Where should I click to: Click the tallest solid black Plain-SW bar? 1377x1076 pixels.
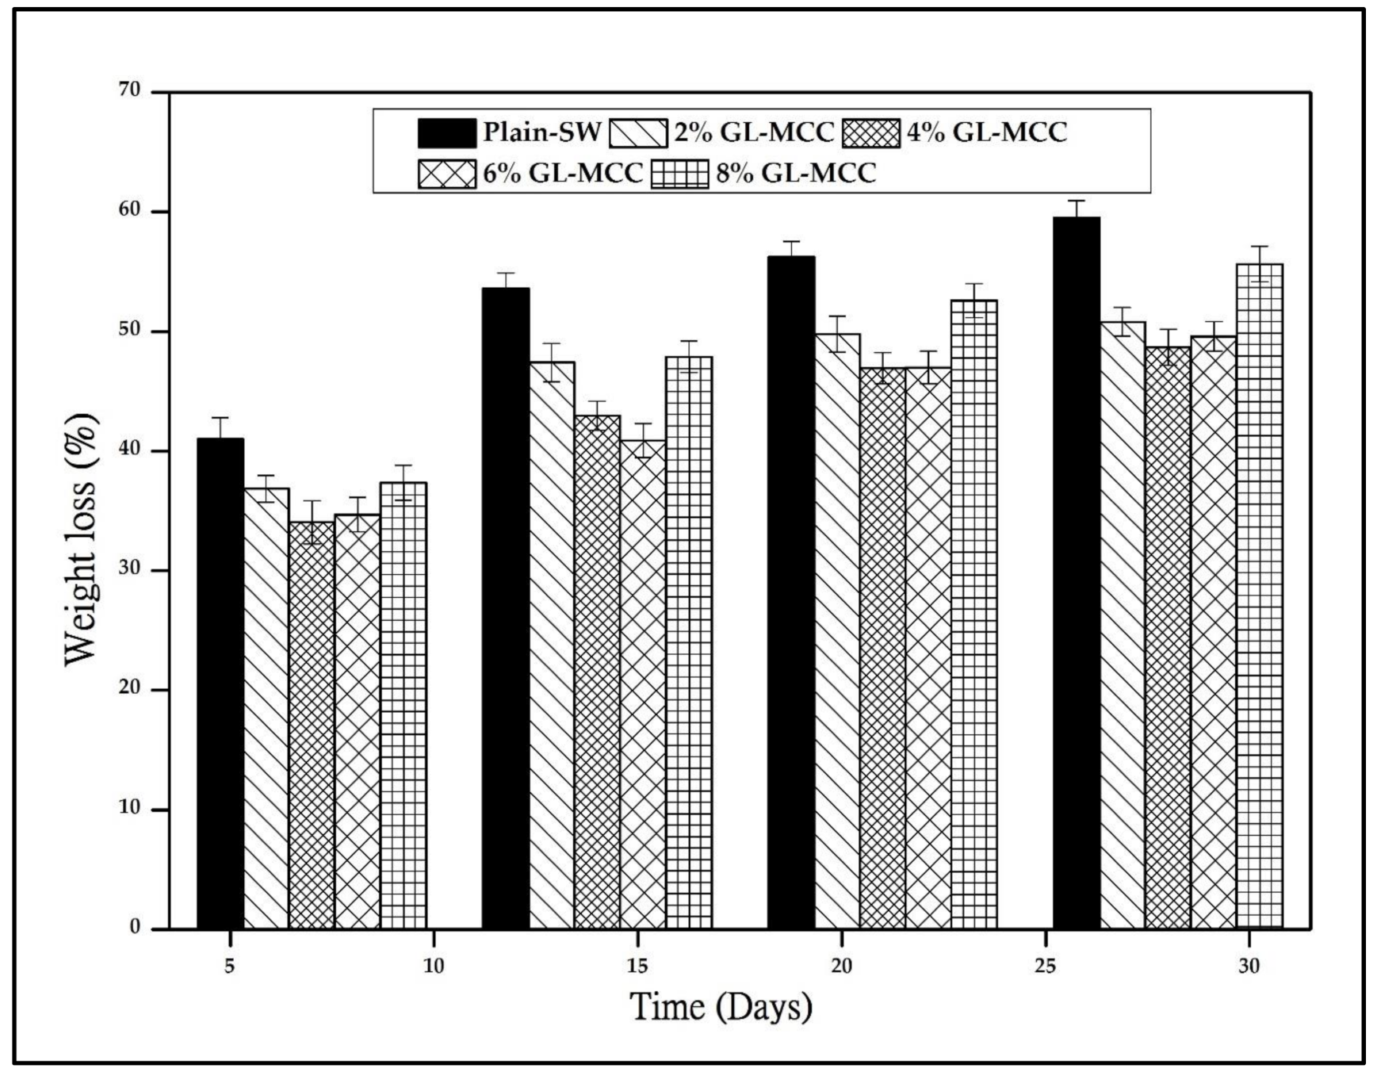1076,571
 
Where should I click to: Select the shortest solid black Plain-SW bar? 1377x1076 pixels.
220,682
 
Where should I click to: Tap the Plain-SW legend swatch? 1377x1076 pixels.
447,133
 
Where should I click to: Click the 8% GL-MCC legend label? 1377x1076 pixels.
796,173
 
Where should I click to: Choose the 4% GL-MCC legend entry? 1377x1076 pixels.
987,132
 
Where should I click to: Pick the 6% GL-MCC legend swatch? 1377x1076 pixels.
447,174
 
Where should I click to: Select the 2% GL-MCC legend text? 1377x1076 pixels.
754,132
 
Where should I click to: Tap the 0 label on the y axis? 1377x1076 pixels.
136,927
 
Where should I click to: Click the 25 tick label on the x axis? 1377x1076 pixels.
1045,967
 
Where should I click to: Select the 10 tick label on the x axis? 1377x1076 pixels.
434,967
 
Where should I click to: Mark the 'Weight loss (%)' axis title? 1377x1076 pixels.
82,539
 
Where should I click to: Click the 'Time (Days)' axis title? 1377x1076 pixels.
721,1007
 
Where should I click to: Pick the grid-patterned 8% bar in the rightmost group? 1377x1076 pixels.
1259,595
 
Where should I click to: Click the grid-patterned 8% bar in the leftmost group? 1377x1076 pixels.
404,706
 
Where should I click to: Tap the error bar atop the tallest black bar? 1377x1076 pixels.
1076,208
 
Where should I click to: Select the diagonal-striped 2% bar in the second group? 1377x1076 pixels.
552,642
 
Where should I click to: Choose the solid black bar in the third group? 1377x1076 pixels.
791,591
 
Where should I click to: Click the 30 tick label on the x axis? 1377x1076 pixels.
1249,967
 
